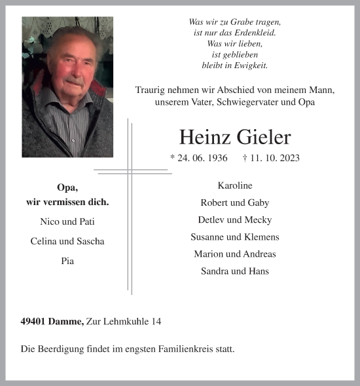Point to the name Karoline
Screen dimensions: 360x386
tap(235, 185)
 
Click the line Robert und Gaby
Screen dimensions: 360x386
tap(235, 203)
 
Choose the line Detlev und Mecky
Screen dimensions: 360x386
tap(235, 220)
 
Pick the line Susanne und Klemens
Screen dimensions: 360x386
tap(235, 237)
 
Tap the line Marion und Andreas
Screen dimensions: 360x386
tap(235, 254)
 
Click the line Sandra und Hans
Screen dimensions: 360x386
tap(235, 271)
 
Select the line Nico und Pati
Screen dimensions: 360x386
tap(67, 221)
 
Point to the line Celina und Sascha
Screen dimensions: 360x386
tap(67, 241)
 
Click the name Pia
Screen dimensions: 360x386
tap(67, 261)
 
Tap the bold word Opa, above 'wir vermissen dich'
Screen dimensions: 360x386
tap(67, 187)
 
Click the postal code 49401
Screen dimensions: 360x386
tap(33, 322)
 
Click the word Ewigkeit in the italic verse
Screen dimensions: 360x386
tap(249, 66)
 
